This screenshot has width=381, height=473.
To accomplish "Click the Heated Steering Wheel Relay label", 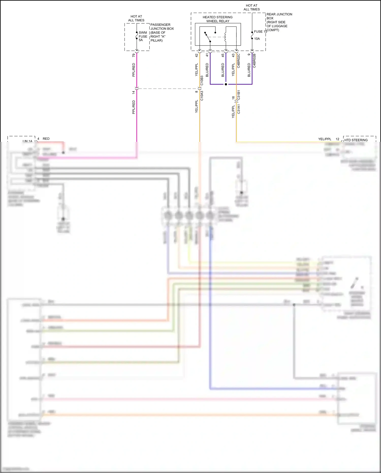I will click(x=217, y=19).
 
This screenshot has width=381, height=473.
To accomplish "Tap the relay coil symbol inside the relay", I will click(x=225, y=37).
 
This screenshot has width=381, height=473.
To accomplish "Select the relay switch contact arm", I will click(x=208, y=37).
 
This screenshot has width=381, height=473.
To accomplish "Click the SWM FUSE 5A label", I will click(x=143, y=36).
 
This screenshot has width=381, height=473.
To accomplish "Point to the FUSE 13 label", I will click(x=260, y=32).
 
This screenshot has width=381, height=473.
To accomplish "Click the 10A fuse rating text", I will click(x=257, y=39).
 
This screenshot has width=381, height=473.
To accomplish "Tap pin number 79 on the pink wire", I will click(x=134, y=55).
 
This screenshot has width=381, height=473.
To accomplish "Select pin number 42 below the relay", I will click(x=196, y=55).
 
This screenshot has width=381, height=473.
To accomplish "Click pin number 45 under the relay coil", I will click(x=223, y=55).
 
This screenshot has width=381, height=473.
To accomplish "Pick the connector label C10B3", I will click(x=202, y=80).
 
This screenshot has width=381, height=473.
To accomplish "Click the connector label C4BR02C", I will click(x=239, y=61).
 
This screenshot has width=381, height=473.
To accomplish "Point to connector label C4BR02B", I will click(x=254, y=61).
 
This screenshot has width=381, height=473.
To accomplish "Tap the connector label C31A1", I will click(x=239, y=109).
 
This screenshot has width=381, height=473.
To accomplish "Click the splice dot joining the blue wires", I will click(x=226, y=84).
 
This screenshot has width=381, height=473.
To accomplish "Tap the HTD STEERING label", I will click(x=356, y=140).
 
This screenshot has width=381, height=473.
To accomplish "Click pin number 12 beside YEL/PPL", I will click(x=337, y=139).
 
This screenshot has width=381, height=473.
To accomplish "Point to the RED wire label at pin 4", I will click(x=46, y=139).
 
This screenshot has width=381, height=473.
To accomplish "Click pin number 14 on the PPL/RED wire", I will click(x=134, y=93).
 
